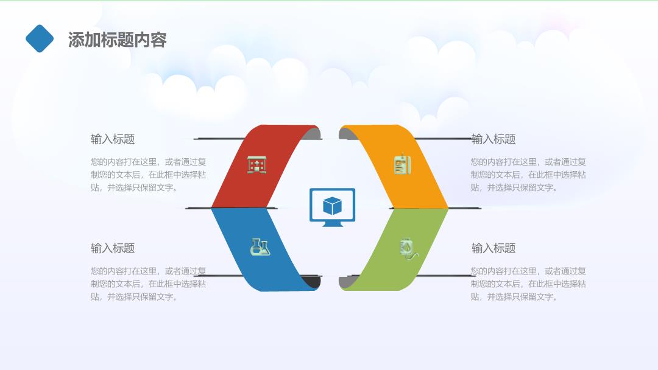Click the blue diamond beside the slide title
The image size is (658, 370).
tap(40, 38)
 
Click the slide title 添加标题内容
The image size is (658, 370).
tap(117, 40)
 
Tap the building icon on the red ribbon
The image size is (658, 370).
tap(257, 165)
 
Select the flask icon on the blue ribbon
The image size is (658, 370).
tap(260, 247)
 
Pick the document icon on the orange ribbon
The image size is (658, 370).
tap(403, 164)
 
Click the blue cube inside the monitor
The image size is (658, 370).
tap(333, 206)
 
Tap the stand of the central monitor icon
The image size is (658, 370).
tap(333, 224)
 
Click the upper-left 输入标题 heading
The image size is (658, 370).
tap(113, 139)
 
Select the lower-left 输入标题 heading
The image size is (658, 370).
tap(113, 248)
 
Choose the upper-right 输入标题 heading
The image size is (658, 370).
tap(493, 139)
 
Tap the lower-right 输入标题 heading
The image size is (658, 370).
tap(493, 248)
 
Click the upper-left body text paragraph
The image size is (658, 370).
tap(149, 175)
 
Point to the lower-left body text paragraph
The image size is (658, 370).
tap(149, 284)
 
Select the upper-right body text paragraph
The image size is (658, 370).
tap(528, 175)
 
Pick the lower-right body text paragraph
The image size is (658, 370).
tap(528, 284)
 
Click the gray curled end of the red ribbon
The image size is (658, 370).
tap(313, 134)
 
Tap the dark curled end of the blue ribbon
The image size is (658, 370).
tap(313, 282)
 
